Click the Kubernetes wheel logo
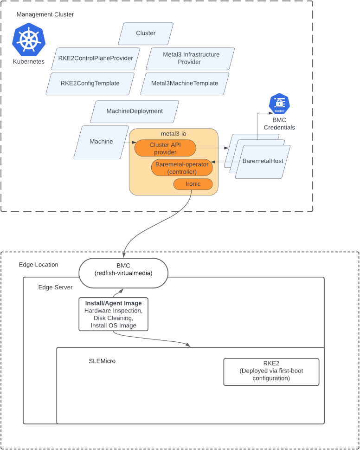click(x=29, y=39)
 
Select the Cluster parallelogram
click(x=146, y=33)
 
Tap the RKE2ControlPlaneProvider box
click(x=96, y=59)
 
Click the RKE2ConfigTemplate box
click(x=90, y=84)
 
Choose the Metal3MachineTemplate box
click(x=185, y=84)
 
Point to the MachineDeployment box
click(x=135, y=111)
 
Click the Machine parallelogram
click(x=101, y=142)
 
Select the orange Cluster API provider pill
click(x=165, y=149)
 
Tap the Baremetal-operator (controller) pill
click(x=183, y=168)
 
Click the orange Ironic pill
click(x=193, y=184)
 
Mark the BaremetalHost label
click(x=263, y=161)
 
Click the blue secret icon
click(x=279, y=104)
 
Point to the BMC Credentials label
click(x=279, y=124)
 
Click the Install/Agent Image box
click(x=114, y=314)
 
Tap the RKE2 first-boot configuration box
click(x=271, y=372)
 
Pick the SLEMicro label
click(x=102, y=361)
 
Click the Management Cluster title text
click(x=45, y=14)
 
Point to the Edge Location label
click(x=39, y=265)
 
